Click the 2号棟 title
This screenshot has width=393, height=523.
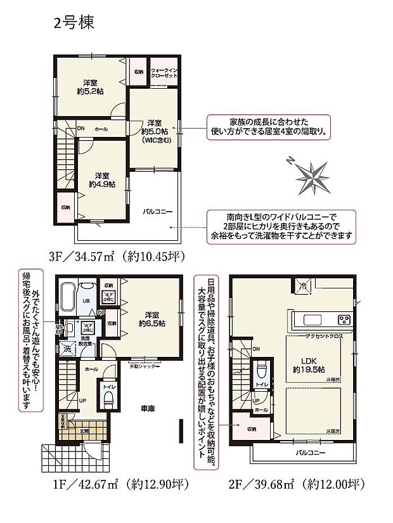pyautogui.click(x=73, y=23)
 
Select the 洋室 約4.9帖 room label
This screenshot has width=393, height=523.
pyautogui.click(x=100, y=179)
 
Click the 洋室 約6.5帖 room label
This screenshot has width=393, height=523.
pyautogui.click(x=154, y=319)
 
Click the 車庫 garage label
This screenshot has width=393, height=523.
pyautogui.click(x=150, y=409)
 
